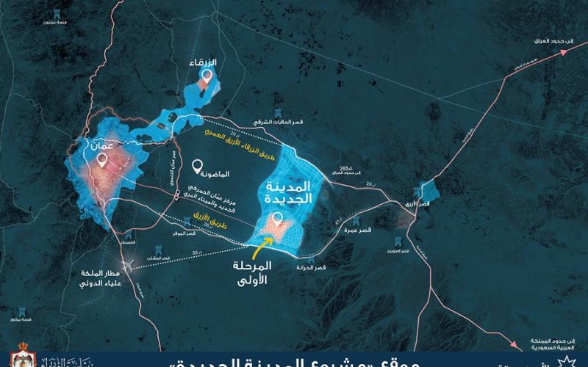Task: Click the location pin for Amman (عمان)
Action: (101, 157)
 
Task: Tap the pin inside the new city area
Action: (276, 219)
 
